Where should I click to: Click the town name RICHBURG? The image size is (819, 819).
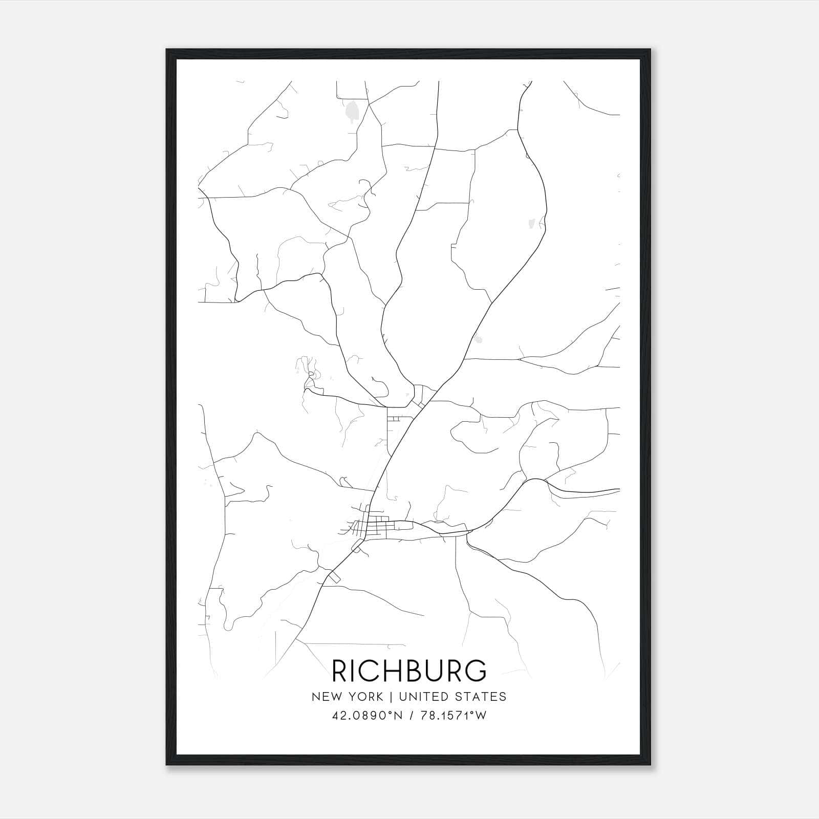pyautogui.click(x=409, y=671)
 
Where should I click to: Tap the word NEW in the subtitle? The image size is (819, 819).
pyautogui.click(x=325, y=697)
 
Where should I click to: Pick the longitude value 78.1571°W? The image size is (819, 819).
pyautogui.click(x=454, y=716)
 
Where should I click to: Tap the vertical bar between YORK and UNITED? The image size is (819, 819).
pyautogui.click(x=391, y=697)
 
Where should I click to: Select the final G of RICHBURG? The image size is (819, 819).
pyautogui.click(x=476, y=671)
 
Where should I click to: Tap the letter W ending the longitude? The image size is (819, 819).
pyautogui.click(x=481, y=716)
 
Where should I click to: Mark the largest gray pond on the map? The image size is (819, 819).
pyautogui.click(x=352, y=111)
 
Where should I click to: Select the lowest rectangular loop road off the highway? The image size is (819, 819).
pyautogui.click(x=334, y=577)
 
